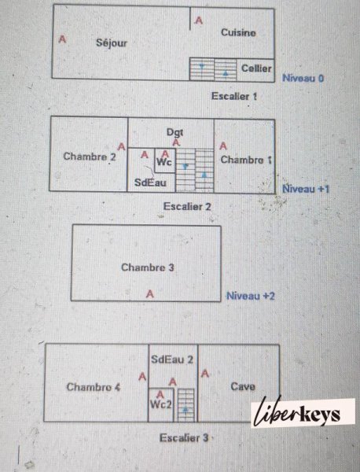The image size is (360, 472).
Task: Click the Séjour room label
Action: pos(112,43)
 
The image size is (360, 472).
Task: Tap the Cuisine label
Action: pos(238,32)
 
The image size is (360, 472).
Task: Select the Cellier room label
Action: pos(256,68)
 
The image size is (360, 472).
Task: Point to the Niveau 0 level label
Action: pos(303,78)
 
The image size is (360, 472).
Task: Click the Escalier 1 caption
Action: pos(234,96)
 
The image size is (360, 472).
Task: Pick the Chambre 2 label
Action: pos(90,157)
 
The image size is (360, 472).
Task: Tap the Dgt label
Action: pos(175,132)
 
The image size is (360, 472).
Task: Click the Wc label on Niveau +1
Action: pos(164,162)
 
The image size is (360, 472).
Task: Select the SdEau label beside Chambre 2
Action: pos(150,183)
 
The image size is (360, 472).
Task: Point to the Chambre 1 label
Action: pos(246,160)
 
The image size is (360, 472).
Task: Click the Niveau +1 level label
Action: pos(306,189)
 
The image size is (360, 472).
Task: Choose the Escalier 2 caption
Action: pos(187,206)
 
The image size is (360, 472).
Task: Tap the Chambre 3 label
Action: pos(148,267)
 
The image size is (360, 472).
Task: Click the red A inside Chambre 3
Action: pos(150,293)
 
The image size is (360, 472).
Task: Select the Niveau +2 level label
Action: pos(251,296)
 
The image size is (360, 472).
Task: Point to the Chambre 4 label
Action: pos(94,387)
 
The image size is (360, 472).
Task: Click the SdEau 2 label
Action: pos(172,360)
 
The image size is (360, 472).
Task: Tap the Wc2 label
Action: pos(161,404)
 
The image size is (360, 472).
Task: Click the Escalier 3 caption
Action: pos(184,437)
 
